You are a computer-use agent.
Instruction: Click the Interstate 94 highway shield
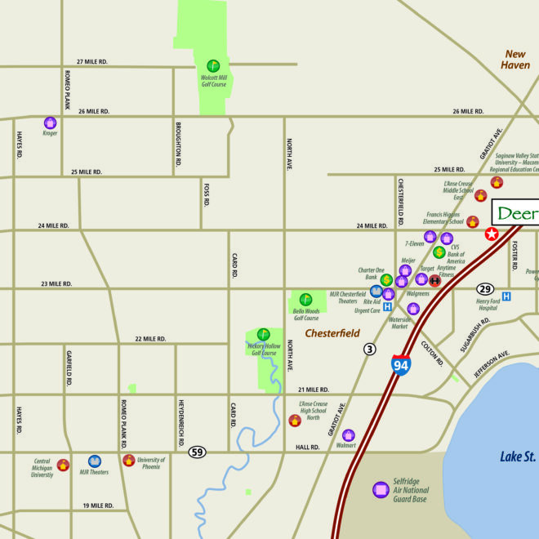click(x=400, y=366)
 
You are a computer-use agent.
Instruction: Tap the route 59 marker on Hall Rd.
click(x=197, y=452)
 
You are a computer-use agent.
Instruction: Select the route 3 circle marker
click(x=370, y=349)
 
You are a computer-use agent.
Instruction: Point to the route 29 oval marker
click(x=486, y=289)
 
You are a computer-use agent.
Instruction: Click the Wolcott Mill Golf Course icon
click(x=213, y=65)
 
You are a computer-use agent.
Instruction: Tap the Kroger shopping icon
click(x=51, y=122)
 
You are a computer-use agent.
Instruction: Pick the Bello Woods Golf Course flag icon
click(x=305, y=300)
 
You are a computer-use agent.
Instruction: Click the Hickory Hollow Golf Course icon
click(x=263, y=334)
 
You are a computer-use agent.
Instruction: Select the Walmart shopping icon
click(x=349, y=435)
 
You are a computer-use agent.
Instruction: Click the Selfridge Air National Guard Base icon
click(x=380, y=490)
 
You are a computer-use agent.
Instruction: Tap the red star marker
click(x=492, y=234)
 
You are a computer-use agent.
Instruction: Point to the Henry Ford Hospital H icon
click(x=506, y=296)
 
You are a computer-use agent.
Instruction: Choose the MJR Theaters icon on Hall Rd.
click(x=95, y=461)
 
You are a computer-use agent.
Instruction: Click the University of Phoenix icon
click(x=128, y=460)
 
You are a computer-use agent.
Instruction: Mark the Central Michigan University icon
click(x=64, y=465)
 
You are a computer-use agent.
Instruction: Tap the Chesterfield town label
click(x=332, y=333)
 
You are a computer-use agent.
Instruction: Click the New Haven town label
click(x=516, y=60)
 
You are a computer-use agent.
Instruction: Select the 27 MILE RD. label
click(x=92, y=62)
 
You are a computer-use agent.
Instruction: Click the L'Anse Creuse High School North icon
click(x=295, y=421)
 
